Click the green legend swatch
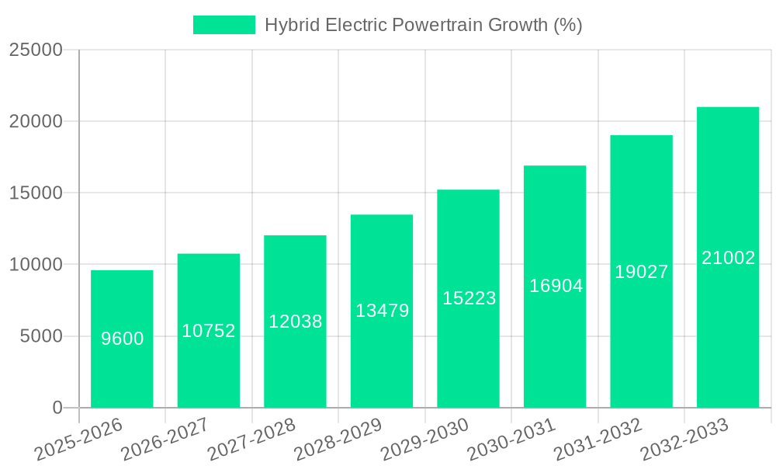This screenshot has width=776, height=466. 223,25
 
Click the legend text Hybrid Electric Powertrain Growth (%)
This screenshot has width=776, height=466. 423,25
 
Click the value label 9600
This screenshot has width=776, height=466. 122,339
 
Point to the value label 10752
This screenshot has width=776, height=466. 209,331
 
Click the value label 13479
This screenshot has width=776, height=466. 382,311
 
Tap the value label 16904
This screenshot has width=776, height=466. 556,286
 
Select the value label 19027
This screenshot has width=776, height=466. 641,272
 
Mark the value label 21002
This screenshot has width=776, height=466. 728,258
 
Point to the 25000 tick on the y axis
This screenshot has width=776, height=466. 36,50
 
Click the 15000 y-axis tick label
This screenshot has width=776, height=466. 36,193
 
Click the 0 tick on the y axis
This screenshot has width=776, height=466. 57,408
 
